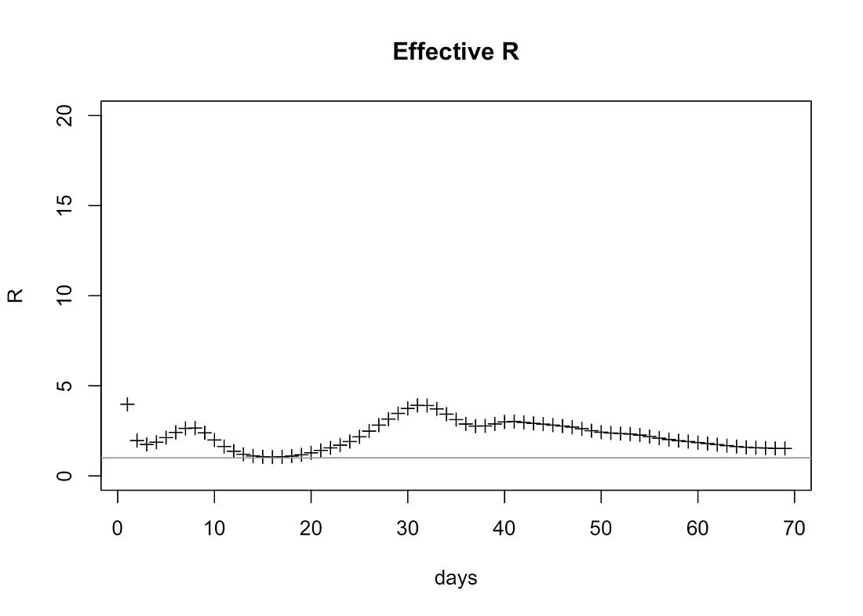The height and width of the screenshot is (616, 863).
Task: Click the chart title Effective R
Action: [455, 53]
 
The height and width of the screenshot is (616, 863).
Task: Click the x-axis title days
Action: [455, 578]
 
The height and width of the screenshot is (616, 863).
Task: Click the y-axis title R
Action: [16, 295]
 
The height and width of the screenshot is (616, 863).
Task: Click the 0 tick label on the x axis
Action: [118, 529]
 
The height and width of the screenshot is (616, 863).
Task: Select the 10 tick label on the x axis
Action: [214, 529]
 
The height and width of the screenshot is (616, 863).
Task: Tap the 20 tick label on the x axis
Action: [311, 529]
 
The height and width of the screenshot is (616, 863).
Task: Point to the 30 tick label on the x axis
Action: [408, 529]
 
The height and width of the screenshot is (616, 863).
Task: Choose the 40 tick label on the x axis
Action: [504, 529]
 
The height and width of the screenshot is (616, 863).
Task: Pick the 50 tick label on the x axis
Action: [601, 529]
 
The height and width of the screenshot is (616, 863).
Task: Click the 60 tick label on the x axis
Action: [697, 529]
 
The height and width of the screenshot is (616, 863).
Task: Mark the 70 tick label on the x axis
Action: [794, 529]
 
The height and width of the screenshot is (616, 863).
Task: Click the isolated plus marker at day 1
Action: [127, 404]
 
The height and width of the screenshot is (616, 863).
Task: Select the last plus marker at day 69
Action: [785, 448]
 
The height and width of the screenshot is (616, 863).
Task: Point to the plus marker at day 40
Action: [504, 422]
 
